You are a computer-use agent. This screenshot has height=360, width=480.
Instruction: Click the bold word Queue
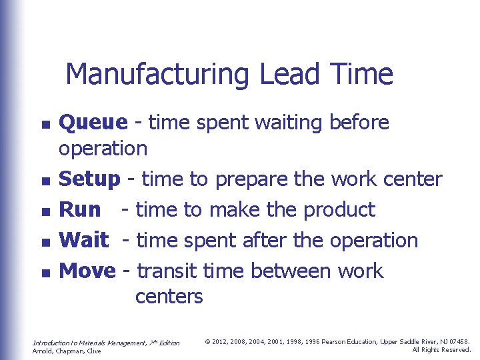click(93, 123)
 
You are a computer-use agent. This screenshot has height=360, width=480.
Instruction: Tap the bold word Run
click(80, 210)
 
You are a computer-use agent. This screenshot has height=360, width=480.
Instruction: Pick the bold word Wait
click(84, 241)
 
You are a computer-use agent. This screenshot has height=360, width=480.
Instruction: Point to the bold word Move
click(87, 271)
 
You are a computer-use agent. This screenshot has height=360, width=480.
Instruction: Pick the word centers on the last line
click(169, 296)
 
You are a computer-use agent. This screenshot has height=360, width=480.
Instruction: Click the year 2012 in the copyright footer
click(221, 342)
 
